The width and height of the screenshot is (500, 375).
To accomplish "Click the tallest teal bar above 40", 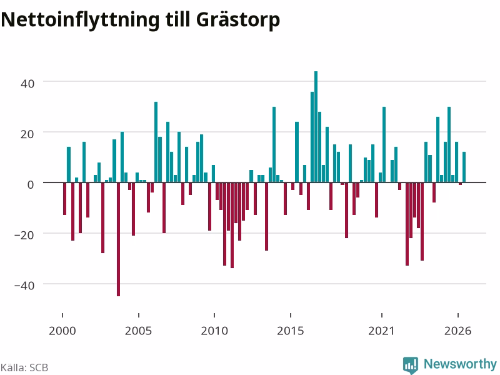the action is click(316, 127).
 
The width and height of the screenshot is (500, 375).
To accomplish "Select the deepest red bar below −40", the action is click(118, 239).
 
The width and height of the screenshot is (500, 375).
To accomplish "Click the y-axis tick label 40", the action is click(27, 84).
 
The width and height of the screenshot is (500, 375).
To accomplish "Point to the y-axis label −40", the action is click(24, 286).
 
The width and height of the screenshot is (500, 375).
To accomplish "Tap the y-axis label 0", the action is click(31, 184).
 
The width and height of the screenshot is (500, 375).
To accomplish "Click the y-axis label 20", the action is click(27, 134).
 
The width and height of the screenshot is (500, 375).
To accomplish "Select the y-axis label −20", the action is click(24, 235).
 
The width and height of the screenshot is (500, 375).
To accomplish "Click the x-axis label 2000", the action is click(62, 331).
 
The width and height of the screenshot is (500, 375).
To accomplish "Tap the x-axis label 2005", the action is click(138, 331).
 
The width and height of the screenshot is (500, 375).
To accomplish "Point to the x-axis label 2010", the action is click(214, 331).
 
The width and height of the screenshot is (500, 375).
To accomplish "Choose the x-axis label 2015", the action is click(291, 331).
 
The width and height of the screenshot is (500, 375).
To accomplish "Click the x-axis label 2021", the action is click(381, 331).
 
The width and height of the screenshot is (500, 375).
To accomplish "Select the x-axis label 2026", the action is click(458, 331).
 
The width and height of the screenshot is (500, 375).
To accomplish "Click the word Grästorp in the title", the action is click(238, 21).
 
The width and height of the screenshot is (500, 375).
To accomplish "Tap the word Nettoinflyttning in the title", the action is click(80, 21).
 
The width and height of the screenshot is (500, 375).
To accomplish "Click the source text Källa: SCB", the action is click(24, 367).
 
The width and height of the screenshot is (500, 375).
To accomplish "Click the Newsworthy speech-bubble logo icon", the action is click(411, 365).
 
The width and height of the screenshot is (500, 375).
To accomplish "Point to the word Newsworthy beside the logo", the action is click(460, 364).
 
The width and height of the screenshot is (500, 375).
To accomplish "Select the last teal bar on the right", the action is click(464, 167).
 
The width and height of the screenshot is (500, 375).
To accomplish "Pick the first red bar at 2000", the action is click(65, 199).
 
